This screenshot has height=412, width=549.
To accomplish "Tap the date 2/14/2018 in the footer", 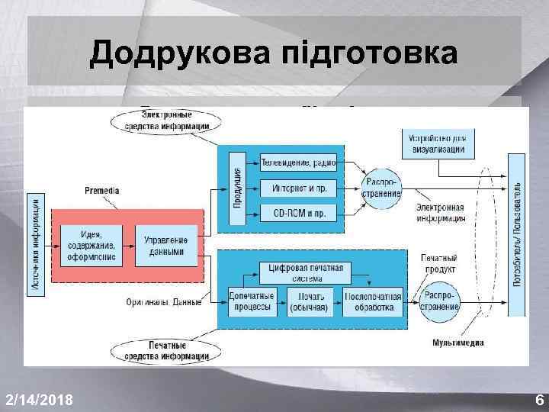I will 39,399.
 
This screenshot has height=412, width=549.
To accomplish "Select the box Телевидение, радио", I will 298,162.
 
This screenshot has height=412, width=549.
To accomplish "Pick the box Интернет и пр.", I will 298,187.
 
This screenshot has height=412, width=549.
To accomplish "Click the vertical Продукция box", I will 237,186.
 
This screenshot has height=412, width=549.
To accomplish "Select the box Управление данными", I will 166,244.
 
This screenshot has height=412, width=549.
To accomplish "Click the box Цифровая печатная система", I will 305,272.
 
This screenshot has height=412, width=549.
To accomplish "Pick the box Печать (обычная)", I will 308,301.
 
